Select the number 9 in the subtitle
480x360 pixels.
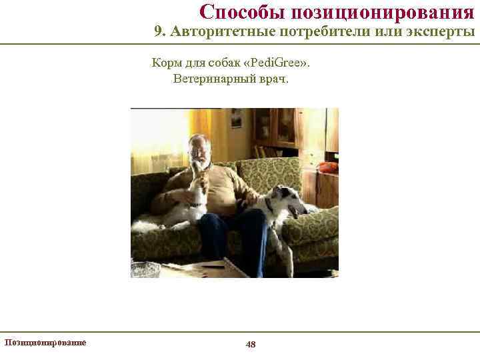pos(158,32)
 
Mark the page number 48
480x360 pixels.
pos(251,344)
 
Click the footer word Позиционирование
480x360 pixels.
pos(45,342)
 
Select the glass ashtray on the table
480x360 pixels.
pos(145,269)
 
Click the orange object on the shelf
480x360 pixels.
pos(327,167)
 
